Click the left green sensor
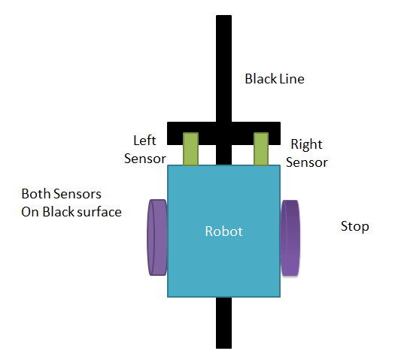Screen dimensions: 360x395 (x=190, y=149)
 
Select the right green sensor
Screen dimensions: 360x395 (x=261, y=149)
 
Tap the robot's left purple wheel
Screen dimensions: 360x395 (x=157, y=237)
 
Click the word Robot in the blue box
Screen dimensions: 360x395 (x=224, y=231)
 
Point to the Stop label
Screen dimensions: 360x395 (x=354, y=226)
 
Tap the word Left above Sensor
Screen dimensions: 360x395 (x=144, y=140)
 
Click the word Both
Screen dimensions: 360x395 (x=35, y=194)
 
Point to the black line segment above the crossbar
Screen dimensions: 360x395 (x=223, y=68)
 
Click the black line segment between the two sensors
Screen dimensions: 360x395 (x=224, y=155)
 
